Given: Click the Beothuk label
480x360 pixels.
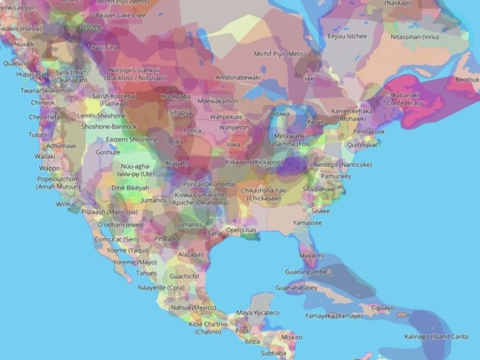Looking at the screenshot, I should coord(466,80).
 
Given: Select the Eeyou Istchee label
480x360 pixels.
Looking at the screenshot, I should coord(347,36).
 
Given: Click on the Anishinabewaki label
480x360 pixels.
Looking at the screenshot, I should coord(238,77).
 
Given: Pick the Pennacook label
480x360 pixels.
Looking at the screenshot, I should coord(369,132).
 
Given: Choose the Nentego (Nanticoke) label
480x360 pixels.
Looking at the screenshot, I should coord(342,164).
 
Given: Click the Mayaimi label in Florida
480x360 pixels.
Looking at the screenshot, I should coord(311,256).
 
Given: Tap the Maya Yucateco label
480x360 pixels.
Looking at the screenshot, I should coord(257,312).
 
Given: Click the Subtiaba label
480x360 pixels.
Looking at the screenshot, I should coord(274,352).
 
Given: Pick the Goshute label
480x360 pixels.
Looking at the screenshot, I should coord(107,152).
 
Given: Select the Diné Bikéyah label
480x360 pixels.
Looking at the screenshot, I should coord(130,187).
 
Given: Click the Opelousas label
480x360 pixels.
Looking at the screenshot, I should coord(241,230).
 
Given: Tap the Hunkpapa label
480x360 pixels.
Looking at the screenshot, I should coord(174,97).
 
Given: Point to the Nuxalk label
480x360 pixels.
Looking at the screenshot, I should coord(24,44).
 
